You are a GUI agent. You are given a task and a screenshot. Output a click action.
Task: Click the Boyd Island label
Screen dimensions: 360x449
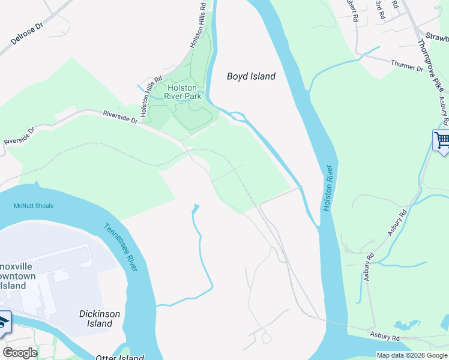click(x=251, y=76)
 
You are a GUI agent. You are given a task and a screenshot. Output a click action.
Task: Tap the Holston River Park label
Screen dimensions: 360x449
click(x=182, y=92)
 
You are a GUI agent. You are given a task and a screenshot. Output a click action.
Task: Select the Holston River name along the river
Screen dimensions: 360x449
click(x=328, y=187)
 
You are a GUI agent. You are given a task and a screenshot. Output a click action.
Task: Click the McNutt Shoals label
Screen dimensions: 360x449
click(x=34, y=206)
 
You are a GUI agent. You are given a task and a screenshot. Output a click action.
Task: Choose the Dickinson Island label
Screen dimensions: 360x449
click(x=100, y=319)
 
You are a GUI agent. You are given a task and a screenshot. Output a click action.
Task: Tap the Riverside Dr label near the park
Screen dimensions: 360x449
click(x=120, y=116)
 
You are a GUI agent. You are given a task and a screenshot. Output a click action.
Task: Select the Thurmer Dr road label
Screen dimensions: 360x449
click(x=407, y=65)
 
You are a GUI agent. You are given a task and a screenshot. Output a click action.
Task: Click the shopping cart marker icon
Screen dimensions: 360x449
click(x=442, y=141)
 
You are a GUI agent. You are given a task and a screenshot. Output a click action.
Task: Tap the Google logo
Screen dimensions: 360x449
click(x=20, y=353)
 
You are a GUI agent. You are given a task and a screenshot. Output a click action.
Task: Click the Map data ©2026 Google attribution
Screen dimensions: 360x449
click(x=411, y=355)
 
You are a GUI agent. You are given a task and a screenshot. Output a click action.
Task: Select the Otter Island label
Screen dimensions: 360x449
click(x=119, y=358)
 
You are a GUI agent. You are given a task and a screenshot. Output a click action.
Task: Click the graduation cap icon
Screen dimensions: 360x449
click(x=4, y=321)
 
